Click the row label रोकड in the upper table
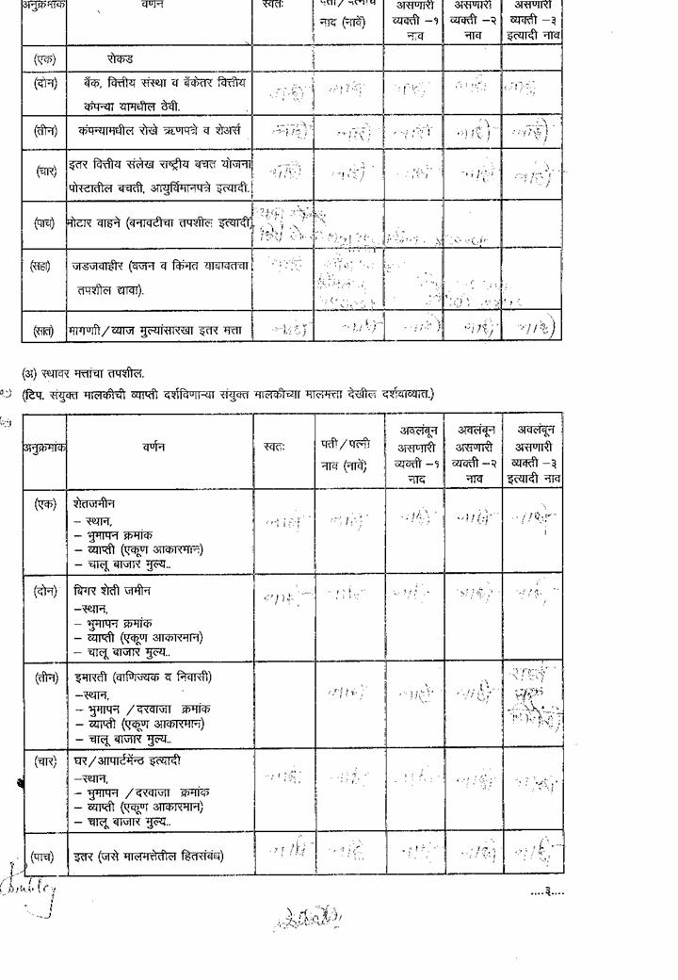(121, 58)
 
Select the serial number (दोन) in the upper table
(44, 84)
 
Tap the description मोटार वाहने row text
(157, 223)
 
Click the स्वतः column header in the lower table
(275, 447)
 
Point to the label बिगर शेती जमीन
(112, 591)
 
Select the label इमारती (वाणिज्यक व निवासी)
(142, 677)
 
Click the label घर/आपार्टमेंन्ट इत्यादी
(127, 760)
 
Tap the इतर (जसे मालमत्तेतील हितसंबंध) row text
(149, 856)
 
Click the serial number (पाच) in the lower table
(43, 856)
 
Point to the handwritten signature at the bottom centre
(308, 917)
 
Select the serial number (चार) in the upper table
(45, 171)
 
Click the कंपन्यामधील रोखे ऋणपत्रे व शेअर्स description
(160, 130)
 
